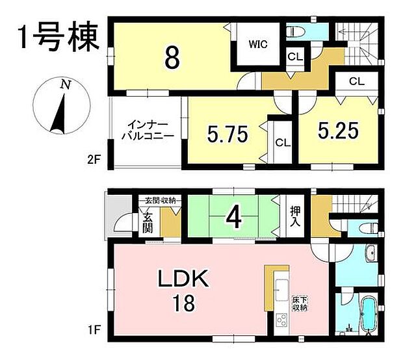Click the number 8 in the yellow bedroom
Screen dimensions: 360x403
pos(172,57)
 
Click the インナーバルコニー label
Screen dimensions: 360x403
pos(149,129)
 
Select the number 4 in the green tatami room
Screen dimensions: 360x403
pos(234,218)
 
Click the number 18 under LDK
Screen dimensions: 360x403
pos(183,303)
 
